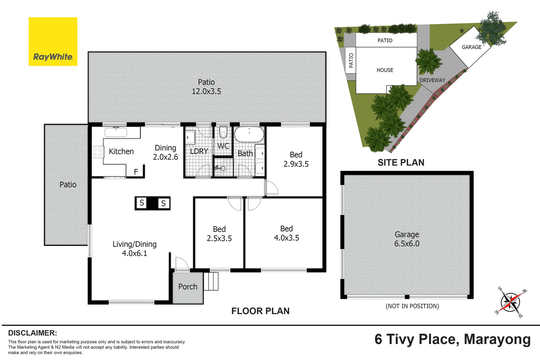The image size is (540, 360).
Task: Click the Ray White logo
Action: [x=53, y=42]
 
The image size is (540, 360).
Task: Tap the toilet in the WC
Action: [x=223, y=132]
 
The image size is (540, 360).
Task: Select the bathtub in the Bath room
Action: [x=249, y=134]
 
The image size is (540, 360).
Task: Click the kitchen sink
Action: [x=116, y=132]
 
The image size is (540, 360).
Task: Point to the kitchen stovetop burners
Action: [x=98, y=152]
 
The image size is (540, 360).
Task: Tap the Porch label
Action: [x=188, y=287]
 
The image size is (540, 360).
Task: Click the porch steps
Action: [x=211, y=281]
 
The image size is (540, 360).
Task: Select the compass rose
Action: [x=510, y=303]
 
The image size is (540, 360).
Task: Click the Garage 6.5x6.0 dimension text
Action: [x=407, y=239]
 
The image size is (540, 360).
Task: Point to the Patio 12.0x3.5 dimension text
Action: [x=206, y=87]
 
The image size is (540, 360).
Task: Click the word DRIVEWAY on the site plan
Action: [x=432, y=80]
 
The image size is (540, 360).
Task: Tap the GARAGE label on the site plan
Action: [x=472, y=47]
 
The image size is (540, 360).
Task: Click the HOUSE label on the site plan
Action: [x=385, y=70]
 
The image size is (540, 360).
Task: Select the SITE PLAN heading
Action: [x=401, y=163]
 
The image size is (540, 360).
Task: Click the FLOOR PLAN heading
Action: [x=260, y=311]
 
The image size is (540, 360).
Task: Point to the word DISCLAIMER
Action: [x=33, y=333]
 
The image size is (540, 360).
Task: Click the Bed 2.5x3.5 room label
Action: [x=219, y=234]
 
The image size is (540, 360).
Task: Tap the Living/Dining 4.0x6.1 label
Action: [x=134, y=249]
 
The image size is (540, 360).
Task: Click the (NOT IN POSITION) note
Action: [x=412, y=306]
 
